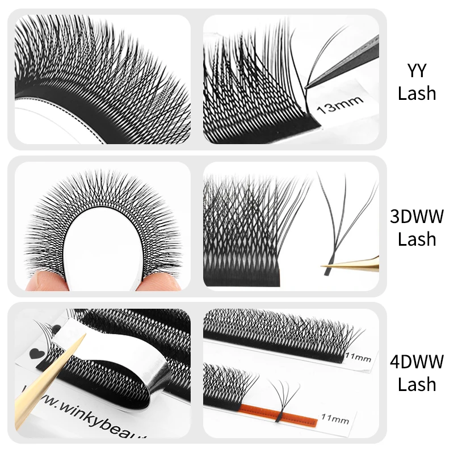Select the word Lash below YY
[x=417, y=93]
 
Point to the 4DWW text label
[x=417, y=361]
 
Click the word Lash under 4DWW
[x=417, y=384]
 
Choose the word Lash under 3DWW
[x=417, y=238]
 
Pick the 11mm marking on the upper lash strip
[x=357, y=358]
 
